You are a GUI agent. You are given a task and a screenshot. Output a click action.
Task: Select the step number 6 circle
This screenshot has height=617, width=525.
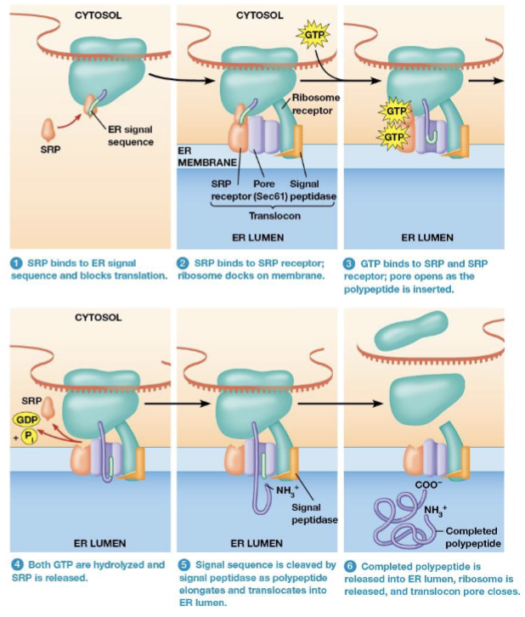[x=351, y=565]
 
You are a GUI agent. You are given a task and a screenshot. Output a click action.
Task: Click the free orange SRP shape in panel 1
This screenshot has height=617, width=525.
[x=49, y=130]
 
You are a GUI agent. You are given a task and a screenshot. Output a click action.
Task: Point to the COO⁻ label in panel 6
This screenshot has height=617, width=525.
[x=426, y=484]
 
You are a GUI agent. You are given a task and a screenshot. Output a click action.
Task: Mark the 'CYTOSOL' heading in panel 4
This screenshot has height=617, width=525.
[x=98, y=317]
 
